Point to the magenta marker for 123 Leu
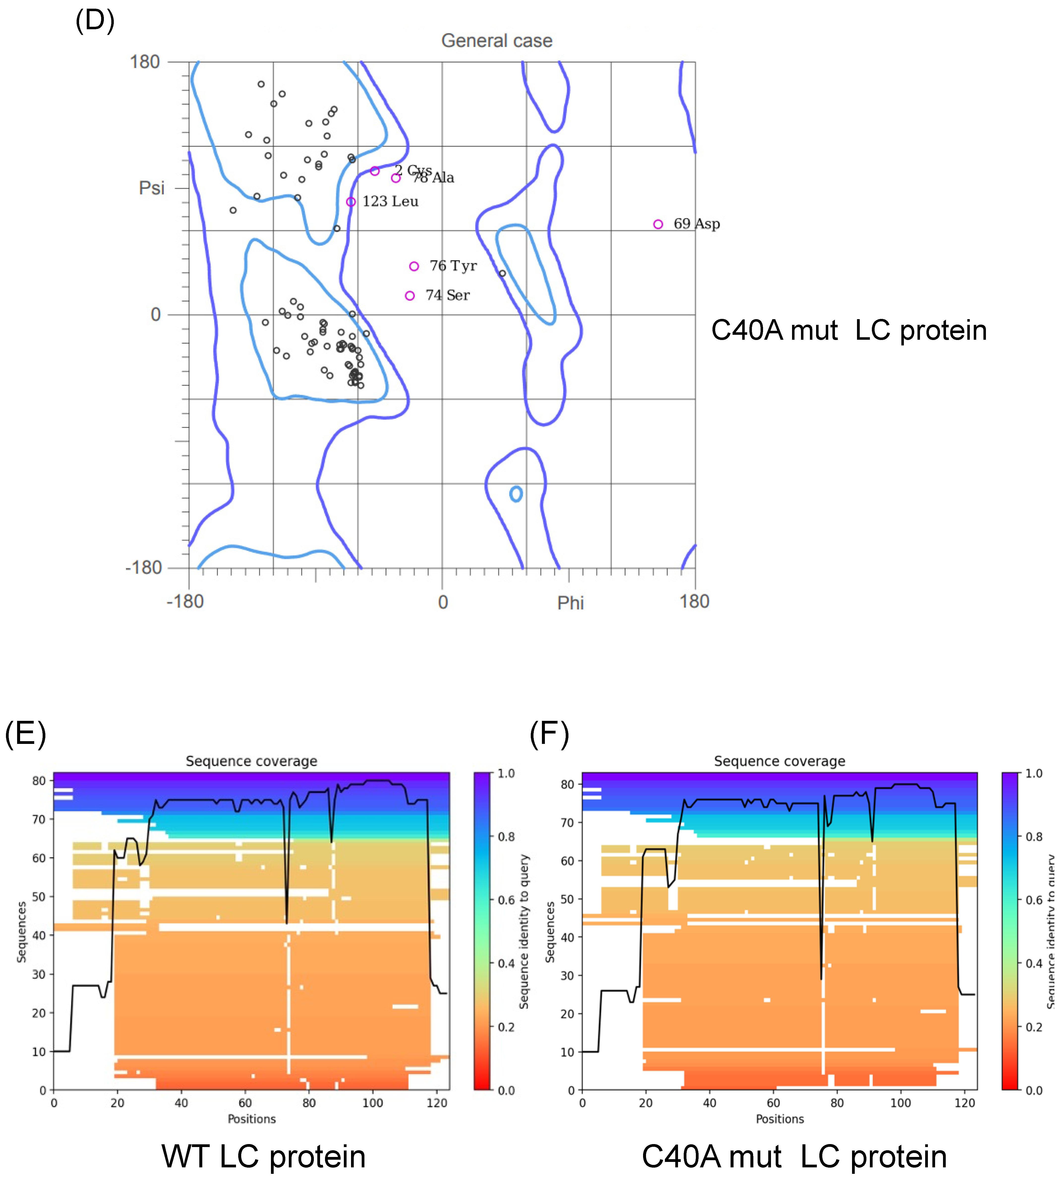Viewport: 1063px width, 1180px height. click(351, 202)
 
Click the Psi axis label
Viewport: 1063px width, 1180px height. click(151, 188)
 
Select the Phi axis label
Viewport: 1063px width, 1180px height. click(570, 603)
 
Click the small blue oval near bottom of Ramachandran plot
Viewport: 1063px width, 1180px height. click(516, 494)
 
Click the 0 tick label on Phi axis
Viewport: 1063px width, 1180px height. click(443, 602)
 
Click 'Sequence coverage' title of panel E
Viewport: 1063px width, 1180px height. click(251, 761)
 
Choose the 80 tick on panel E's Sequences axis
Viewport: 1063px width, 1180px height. click(38, 781)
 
